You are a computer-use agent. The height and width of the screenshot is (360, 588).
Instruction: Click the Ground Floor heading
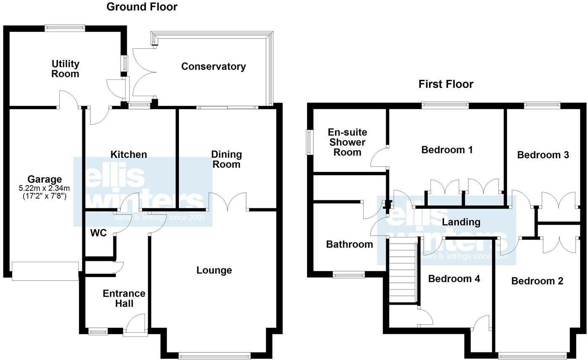pos(142,7)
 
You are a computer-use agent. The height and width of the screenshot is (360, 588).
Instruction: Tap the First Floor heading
pos(446,84)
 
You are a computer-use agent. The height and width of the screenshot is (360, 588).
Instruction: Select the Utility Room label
pos(66,69)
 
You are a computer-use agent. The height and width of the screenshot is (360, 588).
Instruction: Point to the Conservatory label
pos(213,66)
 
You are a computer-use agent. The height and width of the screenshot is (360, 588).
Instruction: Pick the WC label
pos(98,233)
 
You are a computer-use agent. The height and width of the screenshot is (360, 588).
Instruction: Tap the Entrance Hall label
pos(124,298)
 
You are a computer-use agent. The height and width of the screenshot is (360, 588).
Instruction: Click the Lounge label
pos(214,270)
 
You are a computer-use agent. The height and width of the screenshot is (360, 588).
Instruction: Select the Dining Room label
pos(226,159)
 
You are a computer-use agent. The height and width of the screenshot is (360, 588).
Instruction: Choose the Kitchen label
pos(129,155)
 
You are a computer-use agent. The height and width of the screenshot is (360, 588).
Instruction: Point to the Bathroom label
pos(349,244)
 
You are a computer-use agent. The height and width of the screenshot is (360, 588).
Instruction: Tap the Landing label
pos(461,222)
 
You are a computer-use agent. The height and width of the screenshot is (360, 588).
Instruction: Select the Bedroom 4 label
pos(454,279)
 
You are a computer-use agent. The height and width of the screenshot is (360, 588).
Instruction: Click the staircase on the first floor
pos(402,271)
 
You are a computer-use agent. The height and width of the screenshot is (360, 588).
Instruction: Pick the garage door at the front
pos(45,271)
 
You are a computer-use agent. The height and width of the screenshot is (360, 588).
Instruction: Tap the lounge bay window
pos(214,356)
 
